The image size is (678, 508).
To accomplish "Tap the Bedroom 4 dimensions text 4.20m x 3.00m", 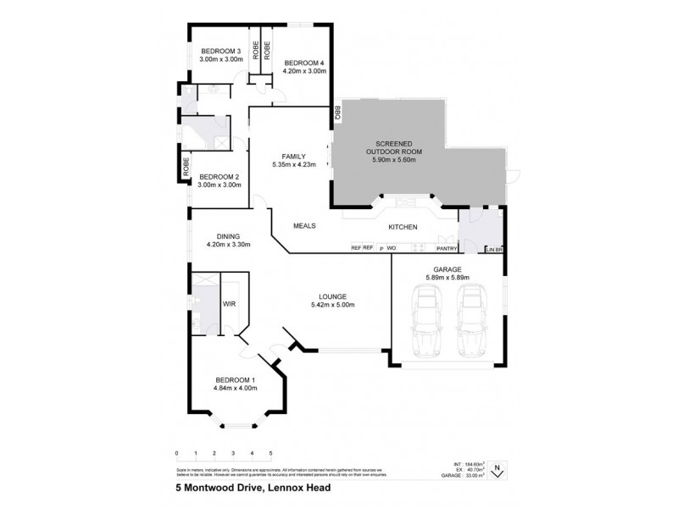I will click(x=304, y=72).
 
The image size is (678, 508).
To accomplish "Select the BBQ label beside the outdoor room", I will click(x=336, y=111).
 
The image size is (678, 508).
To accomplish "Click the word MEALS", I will click(x=304, y=227).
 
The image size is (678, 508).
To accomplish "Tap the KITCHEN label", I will click(x=404, y=227).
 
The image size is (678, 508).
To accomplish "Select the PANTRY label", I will click(x=447, y=249).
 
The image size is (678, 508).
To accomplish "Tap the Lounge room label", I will click(x=332, y=296).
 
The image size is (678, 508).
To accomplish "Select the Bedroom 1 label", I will click(x=235, y=379).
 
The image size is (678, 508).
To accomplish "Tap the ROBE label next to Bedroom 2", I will click(x=184, y=167).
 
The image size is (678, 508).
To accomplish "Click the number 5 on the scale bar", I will click(x=270, y=454).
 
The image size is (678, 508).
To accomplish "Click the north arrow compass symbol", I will click(x=499, y=466).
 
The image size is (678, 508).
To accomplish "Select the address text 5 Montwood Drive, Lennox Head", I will click(x=231, y=489).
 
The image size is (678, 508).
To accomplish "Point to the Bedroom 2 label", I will click(x=220, y=177).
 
